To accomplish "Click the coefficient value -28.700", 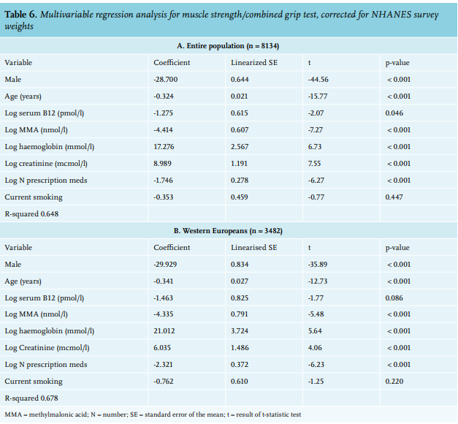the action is pyautogui.click(x=165, y=80).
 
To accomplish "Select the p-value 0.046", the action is pyautogui.click(x=394, y=113).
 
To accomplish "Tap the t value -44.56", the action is pyautogui.click(x=318, y=80).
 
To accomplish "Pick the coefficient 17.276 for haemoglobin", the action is pyautogui.click(x=164, y=147).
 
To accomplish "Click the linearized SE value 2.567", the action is pyautogui.click(x=240, y=147).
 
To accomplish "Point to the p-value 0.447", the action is pyautogui.click(x=394, y=197).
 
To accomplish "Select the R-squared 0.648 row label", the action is pyautogui.click(x=31, y=214).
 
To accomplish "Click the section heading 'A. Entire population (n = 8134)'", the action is pyautogui.click(x=228, y=46).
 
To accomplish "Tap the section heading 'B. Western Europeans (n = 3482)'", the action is pyautogui.click(x=228, y=231).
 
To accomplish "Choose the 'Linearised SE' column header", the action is pyautogui.click(x=253, y=248).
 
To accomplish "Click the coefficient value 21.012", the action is pyautogui.click(x=164, y=331).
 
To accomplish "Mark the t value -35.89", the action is pyautogui.click(x=318, y=265).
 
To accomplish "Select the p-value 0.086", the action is pyautogui.click(x=394, y=298).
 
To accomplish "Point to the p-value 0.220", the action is pyautogui.click(x=394, y=382).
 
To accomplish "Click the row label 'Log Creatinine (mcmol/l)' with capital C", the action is pyautogui.click(x=47, y=348).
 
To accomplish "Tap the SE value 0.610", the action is pyautogui.click(x=239, y=382).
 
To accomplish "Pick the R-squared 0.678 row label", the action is pyautogui.click(x=31, y=398).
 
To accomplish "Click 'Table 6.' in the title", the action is pyautogui.click(x=20, y=15).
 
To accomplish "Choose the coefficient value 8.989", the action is pyautogui.click(x=162, y=164).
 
